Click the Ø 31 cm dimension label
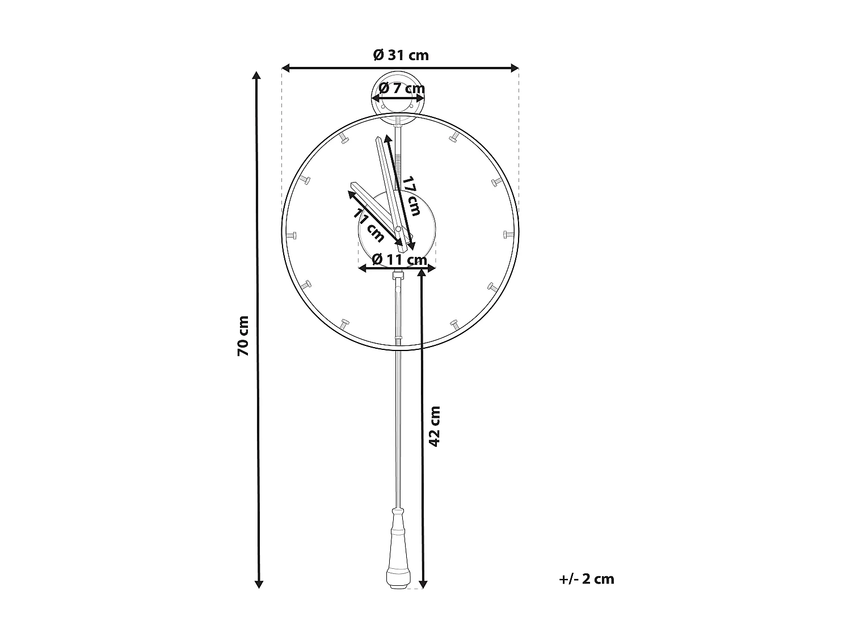pyautogui.click(x=401, y=55)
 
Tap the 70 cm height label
pyautogui.click(x=243, y=336)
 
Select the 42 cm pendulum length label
pyautogui.click(x=435, y=426)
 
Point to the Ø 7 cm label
pyautogui.click(x=401, y=88)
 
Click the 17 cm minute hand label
pyautogui.click(x=411, y=196)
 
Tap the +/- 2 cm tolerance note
pyautogui.click(x=586, y=579)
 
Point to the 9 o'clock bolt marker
pyautogui.click(x=293, y=235)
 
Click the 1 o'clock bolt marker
pyautogui.click(x=455, y=137)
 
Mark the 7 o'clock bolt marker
pyautogui.click(x=344, y=324)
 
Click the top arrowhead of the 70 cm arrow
pyautogui.click(x=258, y=76)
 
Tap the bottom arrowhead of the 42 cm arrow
pyautogui.click(x=422, y=584)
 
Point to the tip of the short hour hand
pyautogui.click(x=353, y=185)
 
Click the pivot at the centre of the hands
pyautogui.click(x=398, y=229)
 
